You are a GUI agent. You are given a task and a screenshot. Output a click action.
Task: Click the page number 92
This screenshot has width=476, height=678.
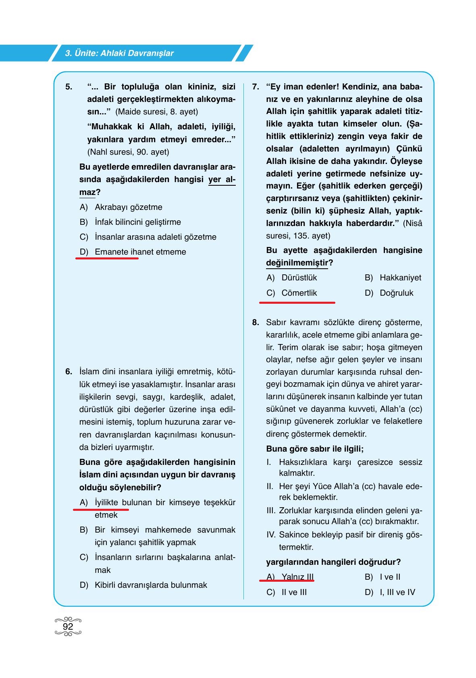pos(68,626)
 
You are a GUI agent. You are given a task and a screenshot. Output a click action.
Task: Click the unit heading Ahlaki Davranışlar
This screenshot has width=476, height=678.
pos(119,53)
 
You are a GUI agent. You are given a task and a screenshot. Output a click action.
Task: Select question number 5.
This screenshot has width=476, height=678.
pos(69,87)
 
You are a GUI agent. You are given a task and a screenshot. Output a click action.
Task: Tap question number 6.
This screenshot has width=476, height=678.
pos(69,371)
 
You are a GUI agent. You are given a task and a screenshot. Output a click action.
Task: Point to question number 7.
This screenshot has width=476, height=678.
pos(256,87)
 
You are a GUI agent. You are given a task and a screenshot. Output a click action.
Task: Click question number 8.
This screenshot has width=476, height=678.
pos(256,322)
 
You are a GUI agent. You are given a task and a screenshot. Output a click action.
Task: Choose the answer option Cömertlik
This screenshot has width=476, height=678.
pos(299,293)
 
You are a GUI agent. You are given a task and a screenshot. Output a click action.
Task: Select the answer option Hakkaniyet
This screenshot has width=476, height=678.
pos(400,278)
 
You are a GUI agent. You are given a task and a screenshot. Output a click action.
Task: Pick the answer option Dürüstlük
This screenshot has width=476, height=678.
pos(299,278)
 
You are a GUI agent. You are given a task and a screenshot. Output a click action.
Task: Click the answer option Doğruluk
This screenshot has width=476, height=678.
pos(396,293)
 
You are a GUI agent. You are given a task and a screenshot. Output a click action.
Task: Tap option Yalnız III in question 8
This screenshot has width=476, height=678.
pos(297,577)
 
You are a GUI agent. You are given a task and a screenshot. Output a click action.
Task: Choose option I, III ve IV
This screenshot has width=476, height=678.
pos(397,592)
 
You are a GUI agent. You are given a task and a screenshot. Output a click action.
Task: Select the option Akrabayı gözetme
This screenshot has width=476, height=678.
pos(128,207)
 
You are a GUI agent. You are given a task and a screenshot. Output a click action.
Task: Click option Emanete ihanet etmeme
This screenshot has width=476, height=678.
pos(140,252)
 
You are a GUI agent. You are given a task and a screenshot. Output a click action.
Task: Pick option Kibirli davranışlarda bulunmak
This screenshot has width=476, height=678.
pos(151,585)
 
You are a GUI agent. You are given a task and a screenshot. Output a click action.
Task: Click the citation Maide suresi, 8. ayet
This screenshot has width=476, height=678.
pos(156,112)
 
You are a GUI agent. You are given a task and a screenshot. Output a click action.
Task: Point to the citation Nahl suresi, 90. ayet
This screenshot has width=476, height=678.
pos(128,152)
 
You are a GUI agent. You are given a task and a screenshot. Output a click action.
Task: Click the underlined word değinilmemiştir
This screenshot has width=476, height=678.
pos(297,263)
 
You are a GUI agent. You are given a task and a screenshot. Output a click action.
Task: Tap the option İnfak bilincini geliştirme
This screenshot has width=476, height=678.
pos(137,222)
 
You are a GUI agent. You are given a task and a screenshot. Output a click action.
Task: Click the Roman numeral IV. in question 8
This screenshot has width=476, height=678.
pos(271,535)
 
